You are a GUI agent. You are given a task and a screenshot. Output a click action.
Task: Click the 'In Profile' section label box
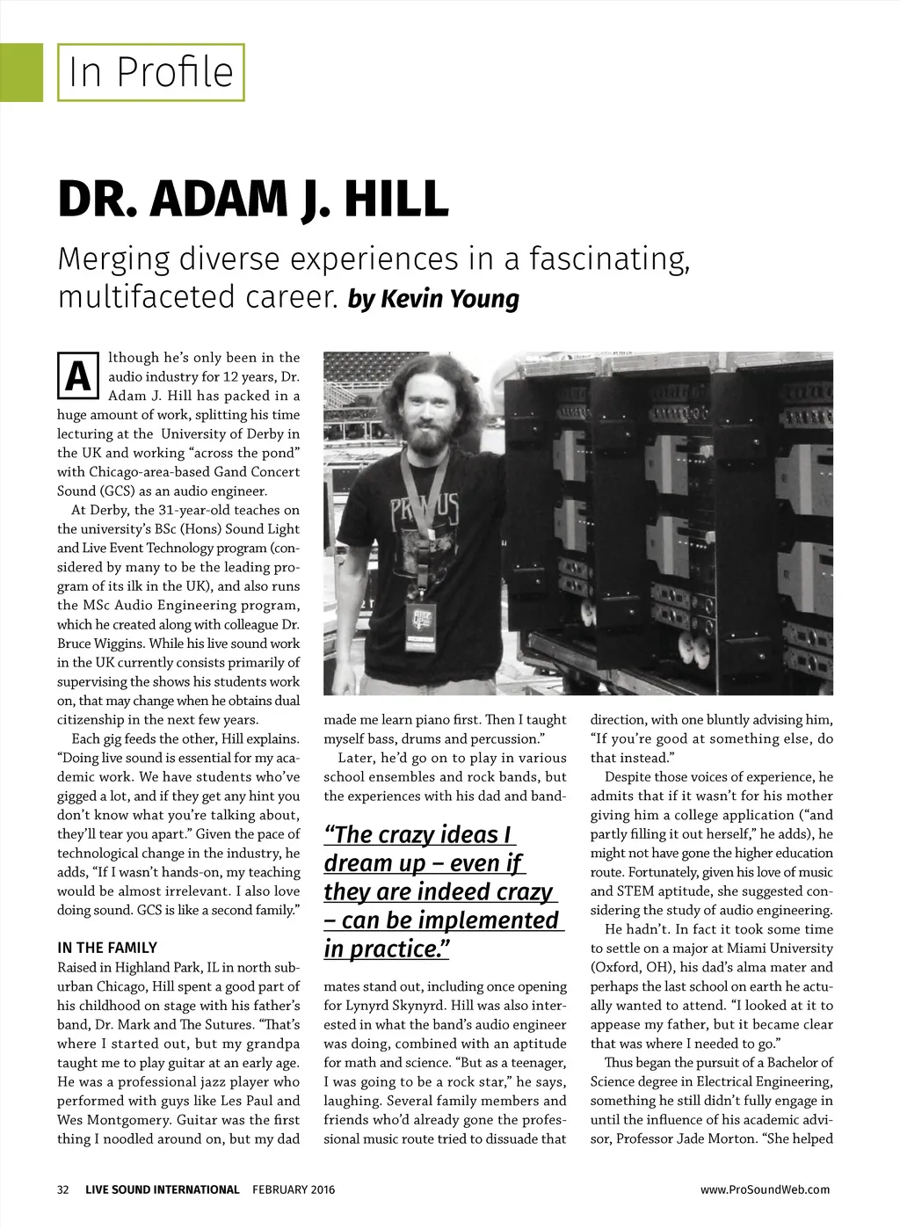coord(150,72)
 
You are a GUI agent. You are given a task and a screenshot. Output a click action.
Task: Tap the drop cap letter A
coord(77,375)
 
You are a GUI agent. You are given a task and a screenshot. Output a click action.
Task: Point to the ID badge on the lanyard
coord(421,625)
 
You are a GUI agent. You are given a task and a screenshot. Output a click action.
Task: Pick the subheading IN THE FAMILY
coord(107,948)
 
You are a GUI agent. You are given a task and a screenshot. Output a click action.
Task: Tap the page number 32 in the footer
coord(63,1189)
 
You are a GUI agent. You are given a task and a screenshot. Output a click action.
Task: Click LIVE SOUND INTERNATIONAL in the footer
coord(162,1189)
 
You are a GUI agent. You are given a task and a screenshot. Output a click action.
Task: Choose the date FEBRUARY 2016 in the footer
coord(294,1189)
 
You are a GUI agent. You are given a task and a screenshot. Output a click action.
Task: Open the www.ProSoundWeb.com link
coord(765,1189)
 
